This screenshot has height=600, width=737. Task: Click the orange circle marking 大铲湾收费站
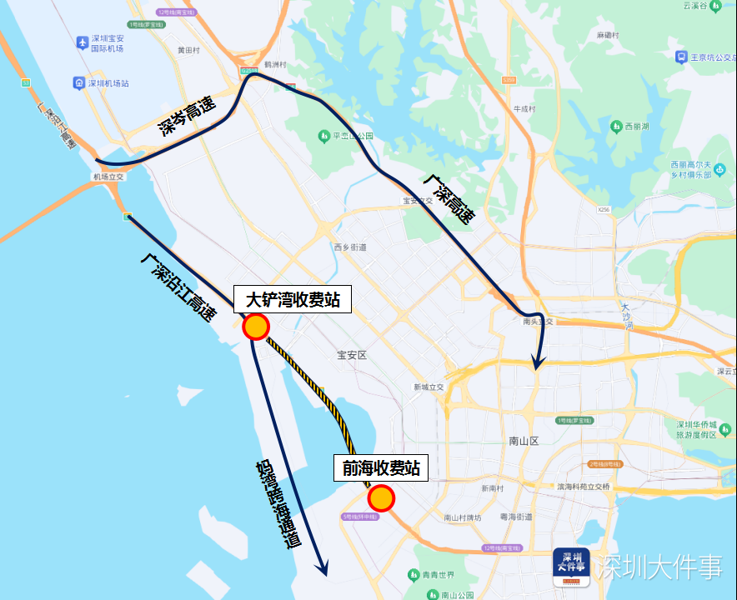click(256, 327)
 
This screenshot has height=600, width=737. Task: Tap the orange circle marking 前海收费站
click(381, 497)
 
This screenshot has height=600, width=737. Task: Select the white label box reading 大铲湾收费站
click(293, 299)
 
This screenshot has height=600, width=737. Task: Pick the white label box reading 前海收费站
click(380, 468)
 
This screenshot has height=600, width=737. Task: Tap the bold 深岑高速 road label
click(187, 116)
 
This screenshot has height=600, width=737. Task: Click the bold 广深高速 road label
click(449, 199)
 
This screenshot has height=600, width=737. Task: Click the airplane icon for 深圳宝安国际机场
click(82, 42)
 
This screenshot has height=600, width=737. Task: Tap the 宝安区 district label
click(352, 355)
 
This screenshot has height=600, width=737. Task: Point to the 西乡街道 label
click(350, 247)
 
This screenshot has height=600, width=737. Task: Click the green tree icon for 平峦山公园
click(323, 136)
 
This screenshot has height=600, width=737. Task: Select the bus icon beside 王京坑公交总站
click(681, 57)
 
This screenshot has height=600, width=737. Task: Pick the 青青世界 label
click(437, 575)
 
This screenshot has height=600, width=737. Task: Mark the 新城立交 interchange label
click(429, 387)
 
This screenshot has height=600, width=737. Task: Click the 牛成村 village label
click(524, 108)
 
